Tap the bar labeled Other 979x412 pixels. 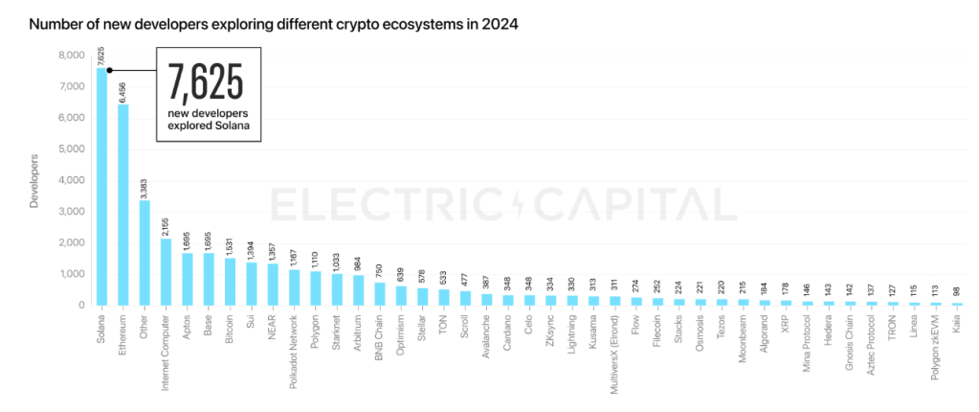pyautogui.click(x=145, y=253)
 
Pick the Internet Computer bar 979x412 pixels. pyautogui.click(x=166, y=272)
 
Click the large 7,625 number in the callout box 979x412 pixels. pyautogui.click(x=206, y=84)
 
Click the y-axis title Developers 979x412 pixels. pyautogui.click(x=35, y=180)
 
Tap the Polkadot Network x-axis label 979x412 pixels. pyautogui.click(x=294, y=346)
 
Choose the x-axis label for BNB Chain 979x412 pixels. pyautogui.click(x=380, y=336)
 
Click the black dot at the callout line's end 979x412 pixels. pyautogui.click(x=111, y=70)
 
